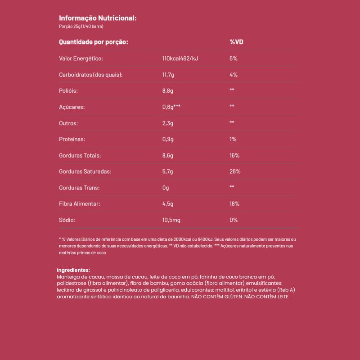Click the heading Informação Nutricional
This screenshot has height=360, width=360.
[98, 18]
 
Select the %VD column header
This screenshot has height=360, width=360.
[236, 42]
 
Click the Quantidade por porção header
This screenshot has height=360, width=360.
[94, 42]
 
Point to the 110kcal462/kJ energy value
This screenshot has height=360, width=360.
[180, 58]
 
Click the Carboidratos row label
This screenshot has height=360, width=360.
[90, 75]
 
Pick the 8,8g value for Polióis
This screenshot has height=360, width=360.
[167, 91]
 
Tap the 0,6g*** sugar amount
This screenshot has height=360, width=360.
[171, 107]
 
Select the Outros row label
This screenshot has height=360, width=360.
[68, 123]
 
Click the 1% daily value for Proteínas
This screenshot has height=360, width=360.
[233, 139]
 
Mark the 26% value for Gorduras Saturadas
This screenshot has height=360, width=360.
[234, 172]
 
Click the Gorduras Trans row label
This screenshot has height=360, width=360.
[79, 188]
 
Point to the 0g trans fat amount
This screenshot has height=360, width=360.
[165, 188]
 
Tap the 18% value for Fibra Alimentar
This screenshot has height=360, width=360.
[234, 204]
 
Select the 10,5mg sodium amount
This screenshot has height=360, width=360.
[171, 220]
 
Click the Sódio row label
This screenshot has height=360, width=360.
[67, 220]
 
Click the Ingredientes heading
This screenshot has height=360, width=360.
[74, 270]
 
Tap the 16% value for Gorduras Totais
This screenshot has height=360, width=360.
[234, 156]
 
